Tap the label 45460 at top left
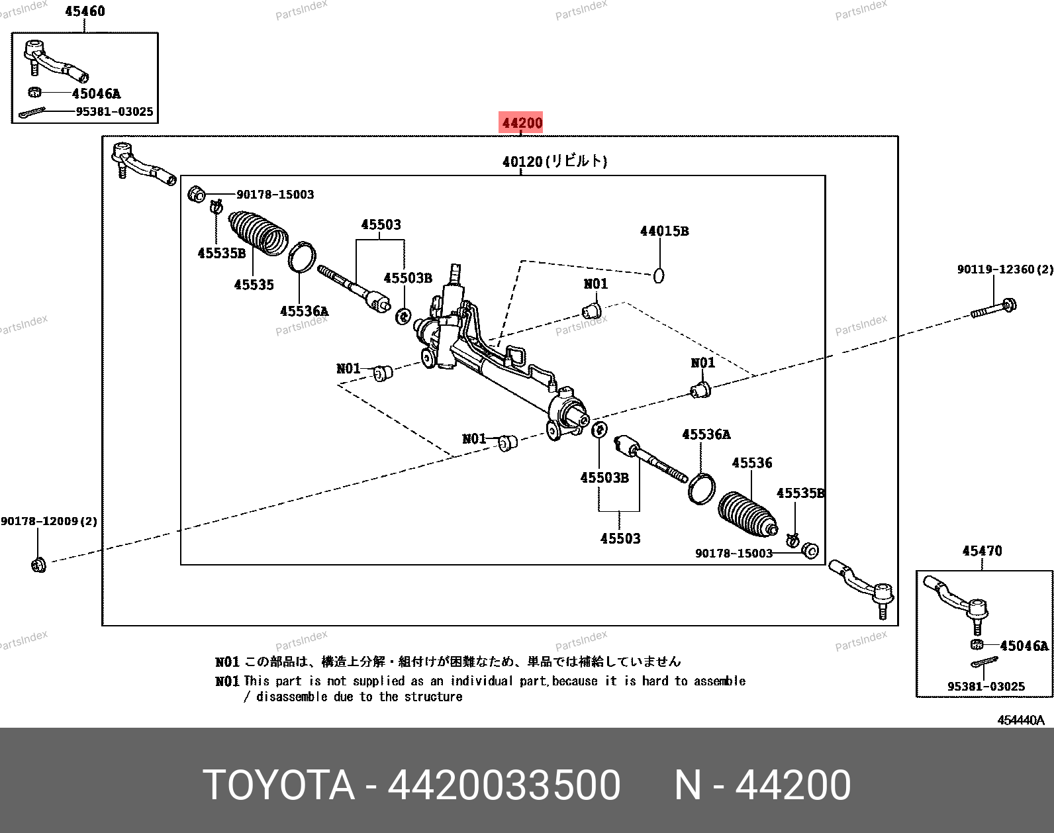tap(85, 11)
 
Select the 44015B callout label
tap(664, 231)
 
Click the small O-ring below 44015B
tap(659, 276)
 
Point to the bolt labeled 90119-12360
tap(994, 308)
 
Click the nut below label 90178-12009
tap(38, 565)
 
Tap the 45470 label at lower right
tap(982, 551)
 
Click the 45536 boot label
tap(752, 463)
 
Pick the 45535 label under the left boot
tap(254, 285)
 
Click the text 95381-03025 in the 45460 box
tap(114, 112)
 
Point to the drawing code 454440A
tap(1021, 720)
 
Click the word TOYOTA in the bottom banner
tap(279, 785)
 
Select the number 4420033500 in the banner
tap(504, 785)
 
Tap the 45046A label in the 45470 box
tap(1024, 646)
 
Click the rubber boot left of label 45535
tap(258, 233)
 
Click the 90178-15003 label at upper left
tap(275, 195)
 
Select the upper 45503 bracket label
tap(381, 224)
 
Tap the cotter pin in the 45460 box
tap(32, 113)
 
